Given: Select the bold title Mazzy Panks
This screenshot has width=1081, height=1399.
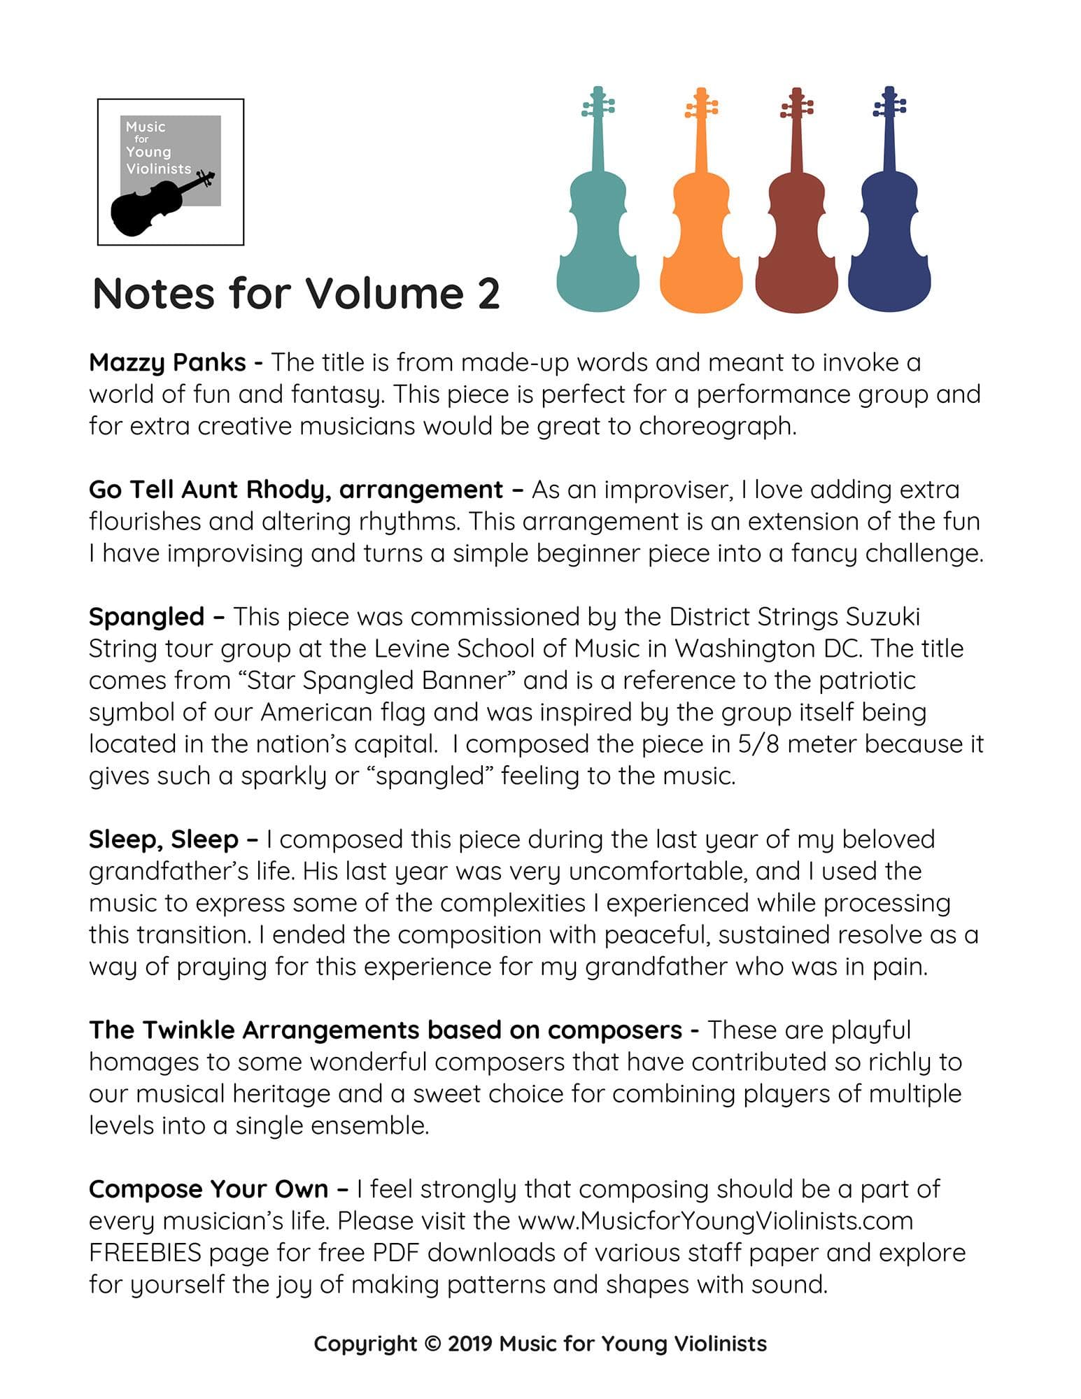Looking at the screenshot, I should tap(168, 362).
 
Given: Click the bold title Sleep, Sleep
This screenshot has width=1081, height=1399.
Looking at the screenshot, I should tap(164, 839).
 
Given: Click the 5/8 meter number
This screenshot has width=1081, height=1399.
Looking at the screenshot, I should tap(758, 744).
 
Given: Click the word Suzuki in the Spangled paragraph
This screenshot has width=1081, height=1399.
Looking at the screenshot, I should tap(882, 617).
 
